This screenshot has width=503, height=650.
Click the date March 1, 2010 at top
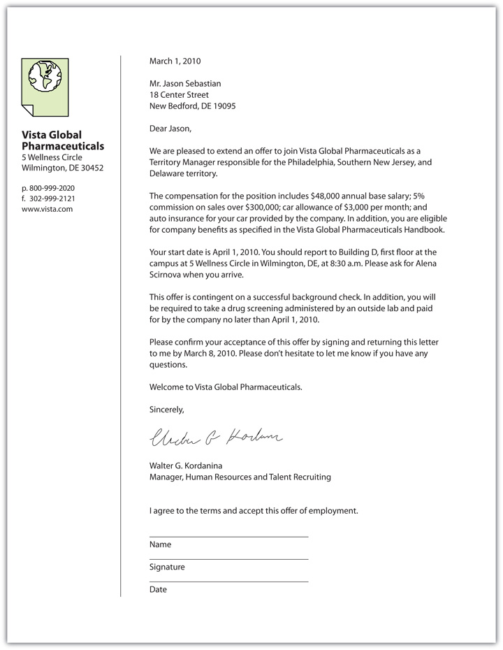click(x=175, y=62)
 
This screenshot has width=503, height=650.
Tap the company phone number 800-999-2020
click(x=52, y=189)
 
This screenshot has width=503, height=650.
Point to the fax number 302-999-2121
click(x=52, y=198)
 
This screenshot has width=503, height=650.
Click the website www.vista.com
click(x=48, y=209)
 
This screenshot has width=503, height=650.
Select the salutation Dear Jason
click(x=170, y=129)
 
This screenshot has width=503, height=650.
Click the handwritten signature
click(x=215, y=438)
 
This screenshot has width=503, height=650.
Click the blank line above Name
click(x=228, y=537)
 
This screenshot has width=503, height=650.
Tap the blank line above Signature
click(x=228, y=559)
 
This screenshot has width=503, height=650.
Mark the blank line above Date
click(x=228, y=582)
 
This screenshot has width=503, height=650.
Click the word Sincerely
click(x=166, y=410)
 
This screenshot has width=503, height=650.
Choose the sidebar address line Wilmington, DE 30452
click(x=62, y=168)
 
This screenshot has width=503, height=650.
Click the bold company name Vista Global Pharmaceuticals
click(x=62, y=140)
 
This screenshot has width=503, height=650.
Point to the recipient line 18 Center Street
click(x=179, y=95)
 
